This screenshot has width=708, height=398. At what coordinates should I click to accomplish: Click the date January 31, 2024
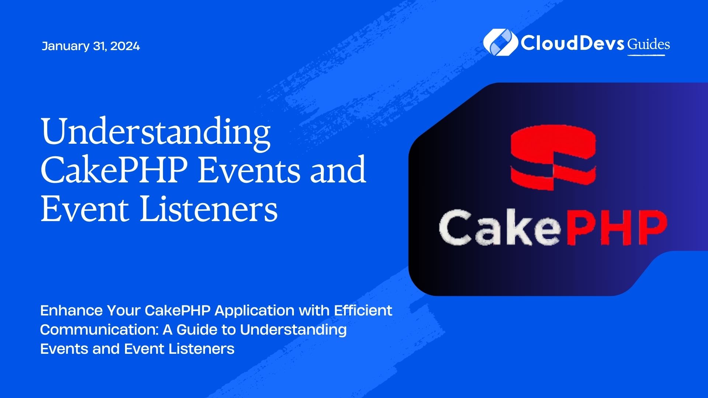click(x=91, y=46)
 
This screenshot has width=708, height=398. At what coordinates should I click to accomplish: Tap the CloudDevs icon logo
click(x=500, y=42)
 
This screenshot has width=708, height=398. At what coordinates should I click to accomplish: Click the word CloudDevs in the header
click(x=572, y=43)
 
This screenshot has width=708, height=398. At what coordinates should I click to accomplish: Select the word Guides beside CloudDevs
click(x=649, y=45)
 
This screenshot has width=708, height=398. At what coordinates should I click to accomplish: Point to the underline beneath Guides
click(x=646, y=55)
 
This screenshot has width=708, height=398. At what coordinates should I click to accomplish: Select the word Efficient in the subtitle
click(x=363, y=311)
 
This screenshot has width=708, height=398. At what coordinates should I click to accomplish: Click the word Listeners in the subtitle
click(x=201, y=349)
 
